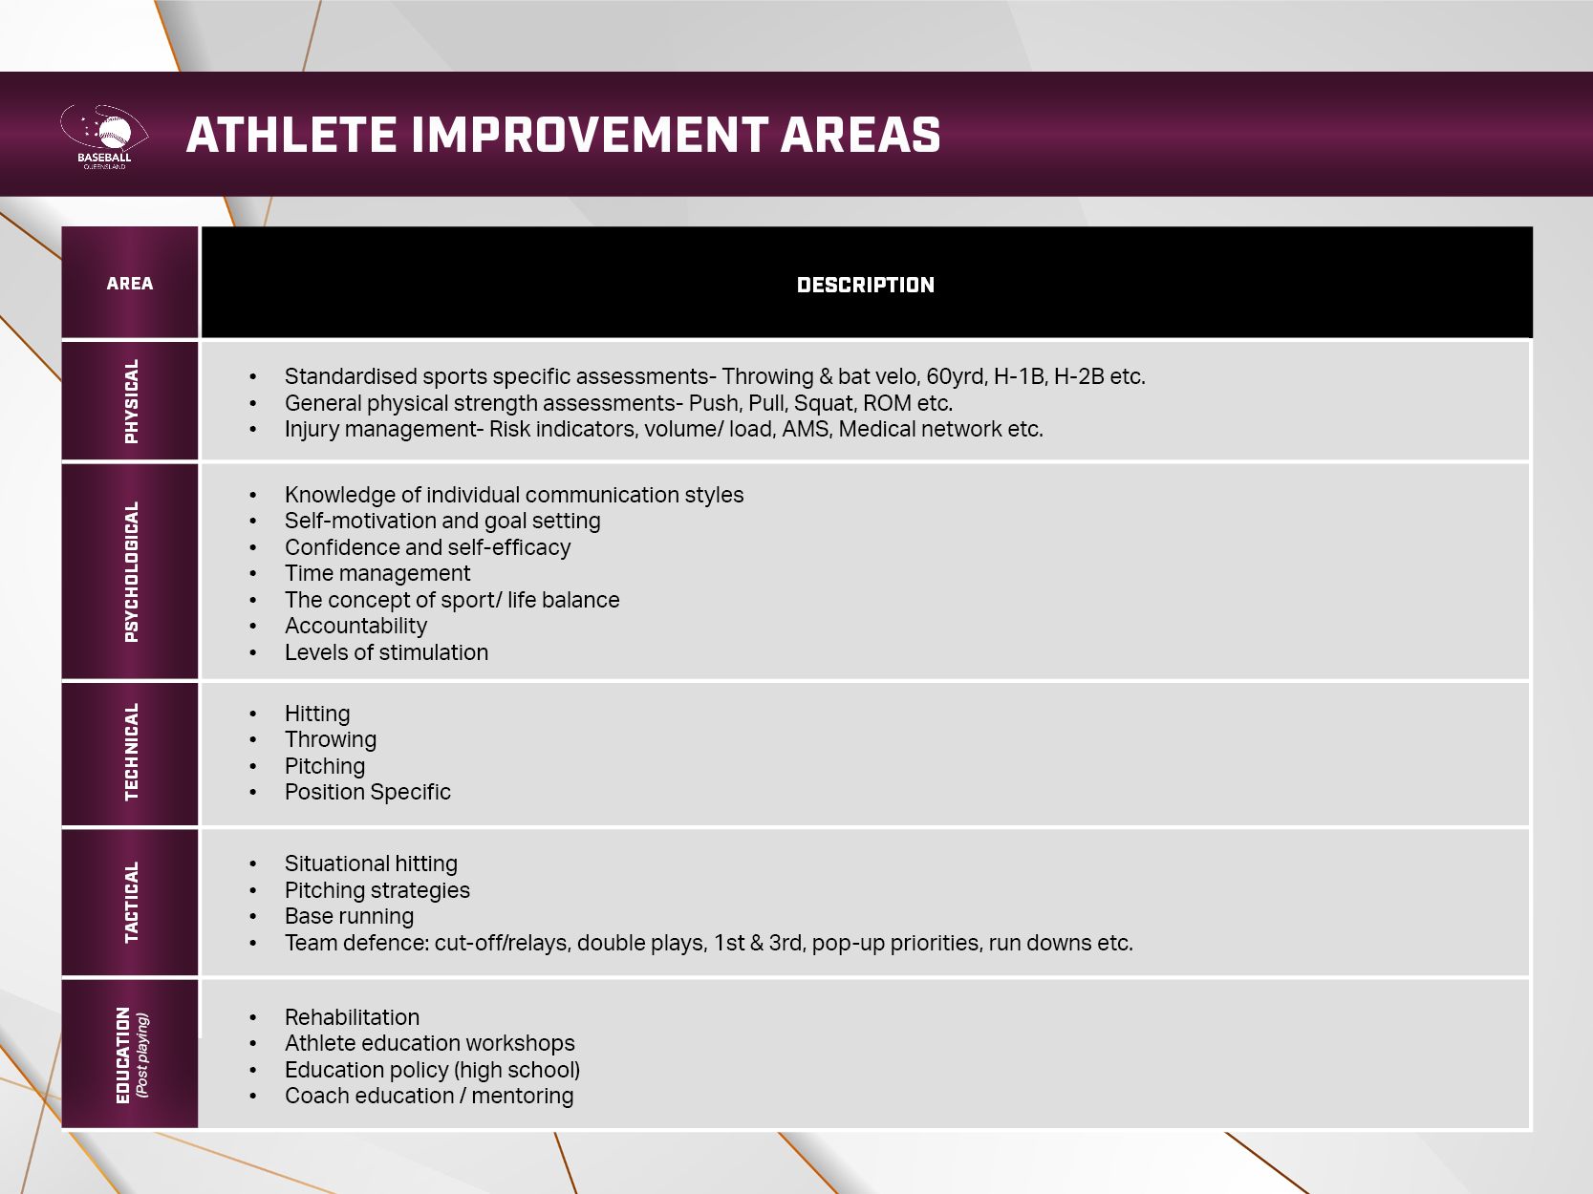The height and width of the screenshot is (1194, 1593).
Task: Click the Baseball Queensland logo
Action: [x=104, y=137]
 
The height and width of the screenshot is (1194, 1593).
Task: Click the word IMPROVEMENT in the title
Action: [x=590, y=135]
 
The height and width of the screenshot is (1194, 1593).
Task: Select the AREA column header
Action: [x=130, y=283]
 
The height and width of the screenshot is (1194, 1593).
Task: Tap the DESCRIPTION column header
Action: [x=865, y=285]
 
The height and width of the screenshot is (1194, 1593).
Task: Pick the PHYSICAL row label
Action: [x=131, y=401]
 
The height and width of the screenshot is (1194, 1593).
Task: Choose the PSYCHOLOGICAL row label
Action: [x=131, y=571]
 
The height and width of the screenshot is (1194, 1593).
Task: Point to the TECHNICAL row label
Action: [x=131, y=753]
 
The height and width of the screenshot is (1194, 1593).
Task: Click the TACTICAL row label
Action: [x=131, y=903]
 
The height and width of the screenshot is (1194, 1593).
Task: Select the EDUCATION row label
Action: [x=123, y=1055]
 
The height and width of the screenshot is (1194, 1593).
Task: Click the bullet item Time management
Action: [x=377, y=573]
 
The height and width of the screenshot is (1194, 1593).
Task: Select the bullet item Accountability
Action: [x=355, y=626]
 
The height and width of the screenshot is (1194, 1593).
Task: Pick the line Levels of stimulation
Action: [x=386, y=652]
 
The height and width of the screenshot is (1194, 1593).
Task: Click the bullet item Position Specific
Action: [x=367, y=792]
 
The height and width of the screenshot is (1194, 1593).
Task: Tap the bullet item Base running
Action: [x=349, y=916]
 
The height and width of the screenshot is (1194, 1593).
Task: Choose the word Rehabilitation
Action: [x=352, y=1017]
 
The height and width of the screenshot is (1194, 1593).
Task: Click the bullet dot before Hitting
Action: [x=252, y=714]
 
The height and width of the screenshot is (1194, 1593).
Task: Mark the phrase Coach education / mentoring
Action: [x=429, y=1096]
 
